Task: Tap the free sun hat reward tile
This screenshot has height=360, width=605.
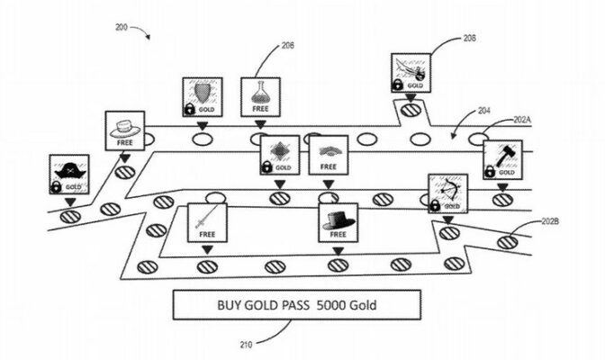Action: coord(124,131)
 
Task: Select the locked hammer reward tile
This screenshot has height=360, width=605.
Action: coord(501,160)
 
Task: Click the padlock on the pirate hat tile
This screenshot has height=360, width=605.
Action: coord(58,187)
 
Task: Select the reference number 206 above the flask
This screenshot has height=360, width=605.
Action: coord(287,44)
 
